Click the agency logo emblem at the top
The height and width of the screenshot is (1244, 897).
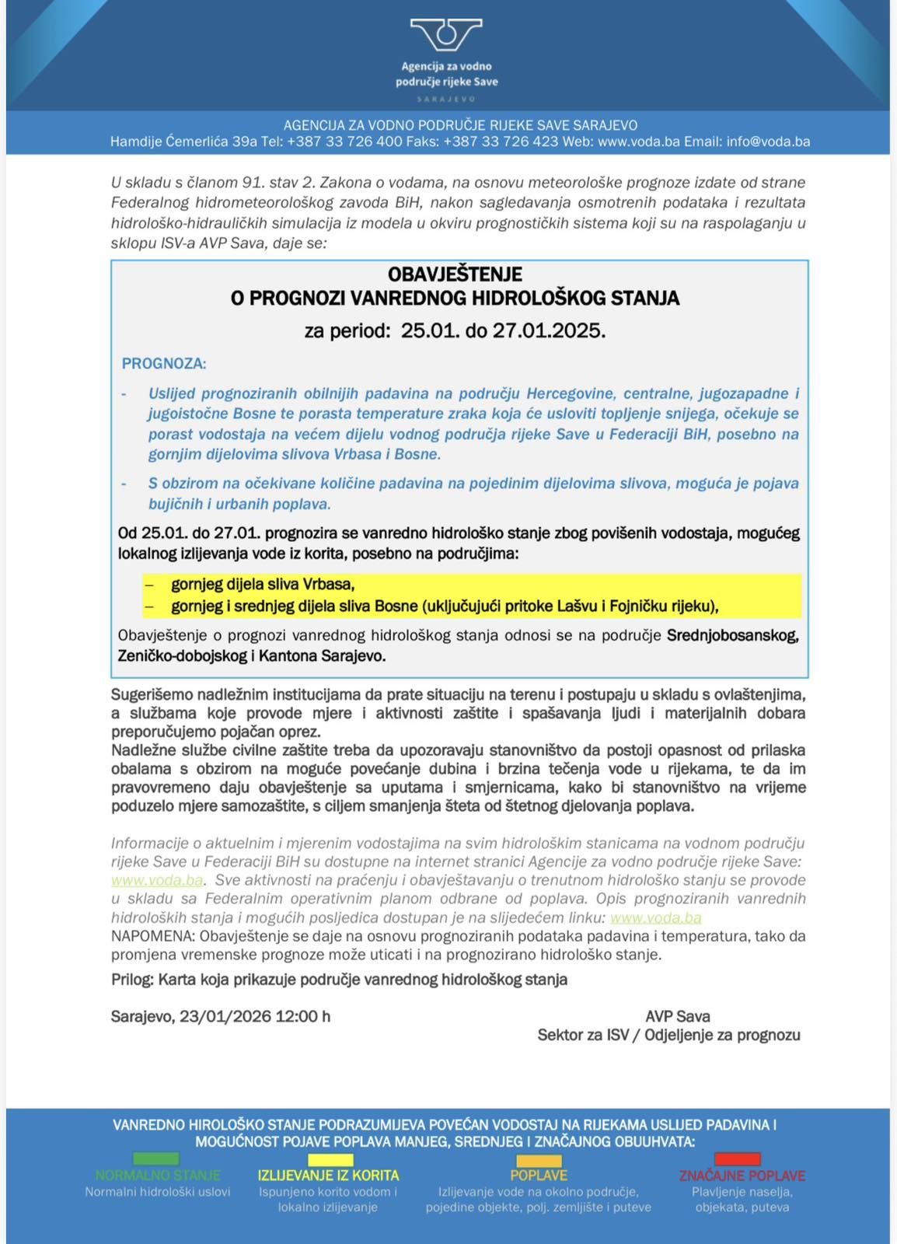tap(446, 35)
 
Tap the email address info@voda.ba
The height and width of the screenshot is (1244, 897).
tap(768, 142)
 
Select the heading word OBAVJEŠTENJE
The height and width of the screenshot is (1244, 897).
tap(455, 274)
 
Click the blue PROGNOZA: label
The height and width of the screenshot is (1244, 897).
tap(164, 363)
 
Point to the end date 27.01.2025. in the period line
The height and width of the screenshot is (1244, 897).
tap(549, 330)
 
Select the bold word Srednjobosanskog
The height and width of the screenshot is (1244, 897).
tap(732, 635)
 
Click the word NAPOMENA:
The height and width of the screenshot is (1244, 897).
tap(153, 936)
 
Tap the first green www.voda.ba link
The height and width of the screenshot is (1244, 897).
tap(157, 880)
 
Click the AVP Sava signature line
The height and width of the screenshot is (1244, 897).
tap(677, 1016)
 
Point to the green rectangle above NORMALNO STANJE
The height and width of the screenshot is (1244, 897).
tap(156, 1158)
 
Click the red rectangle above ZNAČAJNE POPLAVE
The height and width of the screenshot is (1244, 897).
tap(737, 1158)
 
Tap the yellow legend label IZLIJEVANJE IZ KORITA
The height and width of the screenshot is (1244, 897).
tap(328, 1176)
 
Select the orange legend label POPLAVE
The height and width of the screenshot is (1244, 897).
tap(539, 1176)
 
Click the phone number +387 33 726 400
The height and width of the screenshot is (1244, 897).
tap(344, 142)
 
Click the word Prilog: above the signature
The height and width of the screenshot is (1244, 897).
tap(132, 980)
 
